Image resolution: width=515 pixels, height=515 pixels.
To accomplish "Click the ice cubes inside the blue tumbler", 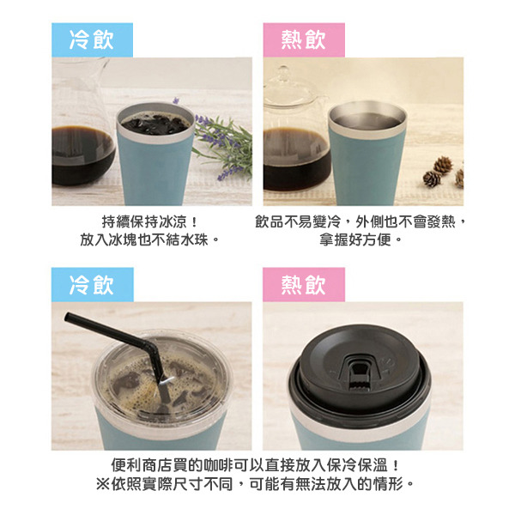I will pyautogui.click(x=154, y=125).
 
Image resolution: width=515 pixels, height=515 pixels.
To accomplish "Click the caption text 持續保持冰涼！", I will pyautogui.click(x=151, y=221).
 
